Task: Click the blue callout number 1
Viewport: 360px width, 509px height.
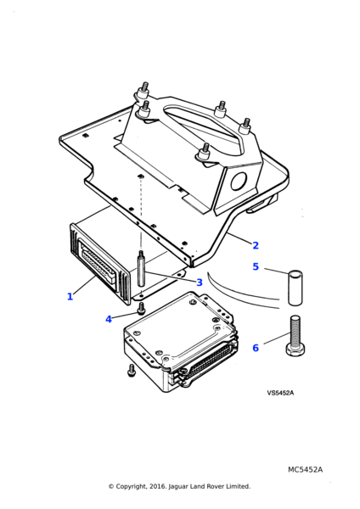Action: click(x=70, y=296)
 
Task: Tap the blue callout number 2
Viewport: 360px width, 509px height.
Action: click(x=256, y=245)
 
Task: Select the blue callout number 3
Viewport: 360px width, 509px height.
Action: click(x=200, y=282)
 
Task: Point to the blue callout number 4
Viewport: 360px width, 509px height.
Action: click(x=109, y=320)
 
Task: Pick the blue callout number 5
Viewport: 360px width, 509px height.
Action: click(x=256, y=267)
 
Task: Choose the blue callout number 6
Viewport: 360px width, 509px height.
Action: click(x=256, y=348)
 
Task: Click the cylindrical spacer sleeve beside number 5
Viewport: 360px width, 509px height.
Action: click(x=295, y=288)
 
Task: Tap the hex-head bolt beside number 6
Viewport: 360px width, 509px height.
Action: click(x=295, y=335)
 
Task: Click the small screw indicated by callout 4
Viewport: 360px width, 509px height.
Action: click(x=141, y=308)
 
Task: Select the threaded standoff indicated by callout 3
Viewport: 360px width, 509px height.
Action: click(x=141, y=268)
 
